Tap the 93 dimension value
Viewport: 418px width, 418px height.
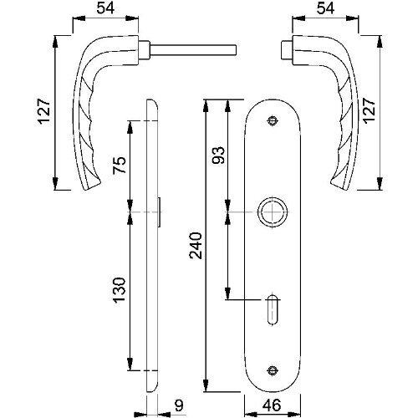[219, 155]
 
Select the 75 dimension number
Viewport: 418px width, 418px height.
[120, 165]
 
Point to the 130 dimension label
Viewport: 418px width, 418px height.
[120, 290]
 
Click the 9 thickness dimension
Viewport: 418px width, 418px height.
[179, 405]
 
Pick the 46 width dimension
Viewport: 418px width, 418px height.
[272, 405]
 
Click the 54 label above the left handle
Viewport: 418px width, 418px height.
[105, 8]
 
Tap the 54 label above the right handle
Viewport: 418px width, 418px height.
[325, 8]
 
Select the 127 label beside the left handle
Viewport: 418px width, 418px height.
[44, 111]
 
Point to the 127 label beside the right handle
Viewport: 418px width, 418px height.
[370, 110]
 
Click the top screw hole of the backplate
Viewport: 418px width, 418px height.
[273, 121]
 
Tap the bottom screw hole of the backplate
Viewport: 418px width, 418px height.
[273, 370]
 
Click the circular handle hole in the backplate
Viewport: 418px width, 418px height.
[273, 199]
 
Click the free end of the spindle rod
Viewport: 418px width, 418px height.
[237, 50]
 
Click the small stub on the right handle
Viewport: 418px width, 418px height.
[286, 50]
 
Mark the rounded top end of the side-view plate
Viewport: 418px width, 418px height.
[152, 102]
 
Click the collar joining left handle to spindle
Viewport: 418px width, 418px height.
[145, 50]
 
